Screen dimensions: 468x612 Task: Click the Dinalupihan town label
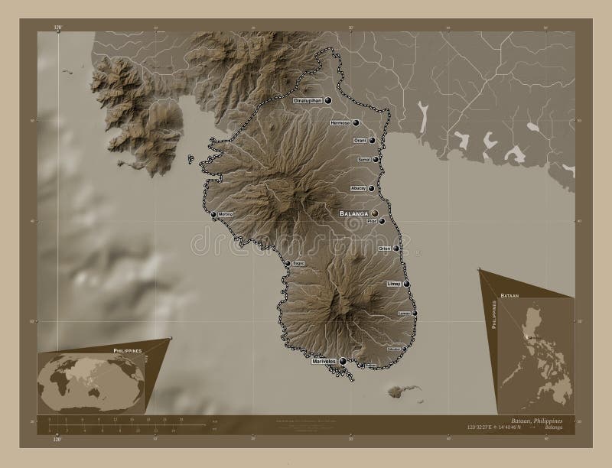pyautogui.click(x=308, y=100)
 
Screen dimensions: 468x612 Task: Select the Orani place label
pyautogui.click(x=360, y=141)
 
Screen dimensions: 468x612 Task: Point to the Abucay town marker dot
pyautogui.click(x=371, y=189)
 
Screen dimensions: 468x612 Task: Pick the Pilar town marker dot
pyautogui.click(x=381, y=221)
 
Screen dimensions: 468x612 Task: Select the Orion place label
pyautogui.click(x=385, y=249)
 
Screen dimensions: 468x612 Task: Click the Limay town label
pyautogui.click(x=394, y=284)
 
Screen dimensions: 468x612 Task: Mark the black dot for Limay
pyautogui.click(x=406, y=284)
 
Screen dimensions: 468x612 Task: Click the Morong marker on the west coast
pyautogui.click(x=213, y=215)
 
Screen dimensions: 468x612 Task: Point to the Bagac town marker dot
pyautogui.click(x=287, y=264)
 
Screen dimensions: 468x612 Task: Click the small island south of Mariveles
pyautogui.click(x=395, y=392)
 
